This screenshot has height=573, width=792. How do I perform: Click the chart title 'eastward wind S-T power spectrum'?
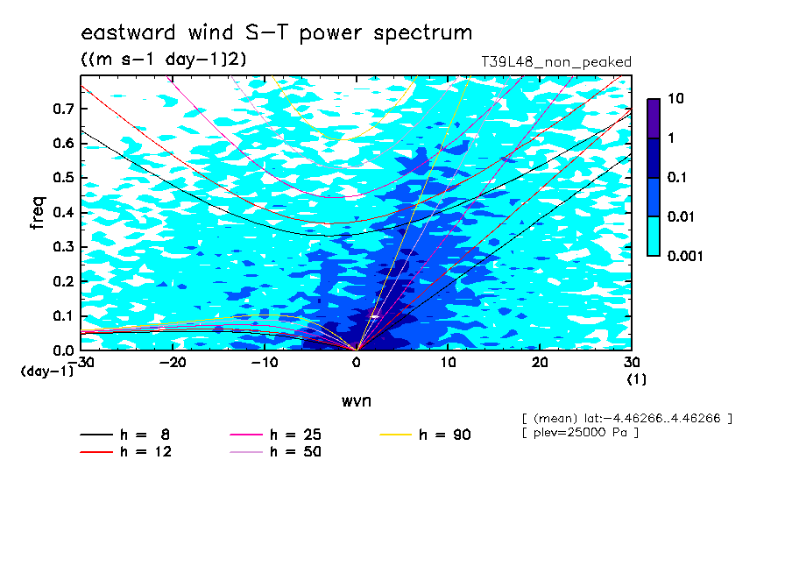276,32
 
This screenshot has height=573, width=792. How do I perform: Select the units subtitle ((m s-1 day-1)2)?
164,59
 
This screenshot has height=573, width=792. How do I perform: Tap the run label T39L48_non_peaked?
556,62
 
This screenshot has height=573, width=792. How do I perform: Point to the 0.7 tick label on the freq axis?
64,109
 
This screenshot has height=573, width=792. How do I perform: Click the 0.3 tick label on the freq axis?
64,246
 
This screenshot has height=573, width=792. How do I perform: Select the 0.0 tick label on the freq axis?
64,350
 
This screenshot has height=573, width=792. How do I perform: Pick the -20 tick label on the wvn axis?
173,363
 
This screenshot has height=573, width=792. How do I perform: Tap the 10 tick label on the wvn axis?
449,363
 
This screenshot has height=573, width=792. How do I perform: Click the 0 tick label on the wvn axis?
357,363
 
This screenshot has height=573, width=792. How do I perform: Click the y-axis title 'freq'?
38,213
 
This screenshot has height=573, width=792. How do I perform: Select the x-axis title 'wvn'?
357,400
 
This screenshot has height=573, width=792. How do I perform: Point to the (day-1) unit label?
47,371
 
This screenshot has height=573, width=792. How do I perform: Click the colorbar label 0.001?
685,256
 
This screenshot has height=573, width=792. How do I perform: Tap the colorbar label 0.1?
677,177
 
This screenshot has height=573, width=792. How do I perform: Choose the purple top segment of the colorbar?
654,118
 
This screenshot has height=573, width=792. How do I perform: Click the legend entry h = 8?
125,435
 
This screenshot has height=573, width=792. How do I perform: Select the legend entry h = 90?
425,435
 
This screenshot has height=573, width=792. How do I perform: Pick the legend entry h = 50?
276,451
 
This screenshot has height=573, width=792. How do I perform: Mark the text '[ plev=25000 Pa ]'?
581,433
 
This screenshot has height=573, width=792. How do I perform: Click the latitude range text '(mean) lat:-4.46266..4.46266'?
626,419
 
